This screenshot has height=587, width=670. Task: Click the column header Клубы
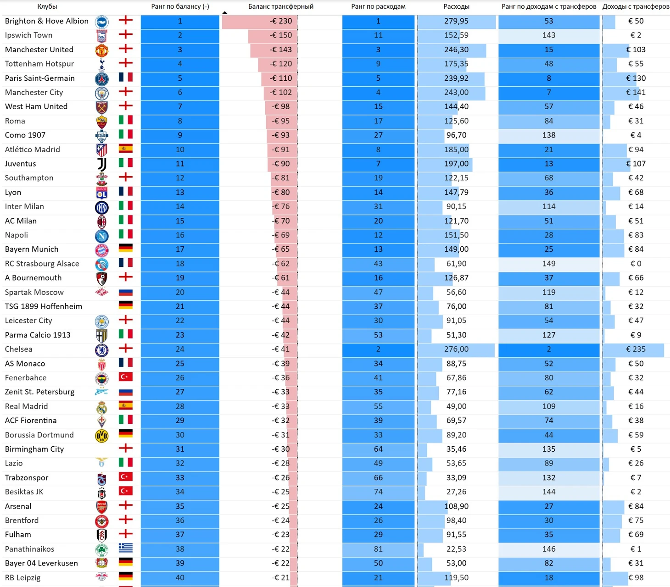point(47,6)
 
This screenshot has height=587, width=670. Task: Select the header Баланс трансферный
point(281,6)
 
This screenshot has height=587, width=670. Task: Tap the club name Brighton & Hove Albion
point(47,21)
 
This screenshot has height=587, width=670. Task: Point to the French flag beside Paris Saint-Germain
point(126,77)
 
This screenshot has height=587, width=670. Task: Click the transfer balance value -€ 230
point(280,21)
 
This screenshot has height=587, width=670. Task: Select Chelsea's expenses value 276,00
point(456,349)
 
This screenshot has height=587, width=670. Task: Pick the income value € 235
point(636,349)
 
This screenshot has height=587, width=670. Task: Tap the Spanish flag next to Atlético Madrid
point(126,149)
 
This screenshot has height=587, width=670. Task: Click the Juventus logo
point(102,164)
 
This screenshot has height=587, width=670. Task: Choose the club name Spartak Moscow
point(34,292)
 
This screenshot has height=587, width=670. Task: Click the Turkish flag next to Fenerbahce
point(126,377)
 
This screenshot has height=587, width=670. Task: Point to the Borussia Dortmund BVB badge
point(101,436)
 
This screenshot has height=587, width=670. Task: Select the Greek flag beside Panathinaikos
point(126,548)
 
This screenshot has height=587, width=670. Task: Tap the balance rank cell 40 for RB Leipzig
point(180,577)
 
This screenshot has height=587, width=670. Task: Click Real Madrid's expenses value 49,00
point(456,406)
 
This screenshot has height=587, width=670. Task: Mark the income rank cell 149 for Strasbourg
point(549,263)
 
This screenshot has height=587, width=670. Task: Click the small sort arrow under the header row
point(224,12)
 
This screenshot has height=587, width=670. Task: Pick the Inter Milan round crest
point(101,207)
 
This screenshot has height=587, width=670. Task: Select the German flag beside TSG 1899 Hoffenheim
point(126,305)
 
